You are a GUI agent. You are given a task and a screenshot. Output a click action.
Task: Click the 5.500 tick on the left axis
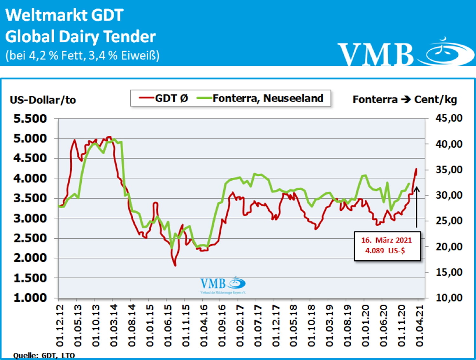coord(30,119)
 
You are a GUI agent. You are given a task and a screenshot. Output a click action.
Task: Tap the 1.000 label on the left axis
coord(30,298)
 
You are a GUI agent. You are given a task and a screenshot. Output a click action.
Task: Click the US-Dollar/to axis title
coord(43,100)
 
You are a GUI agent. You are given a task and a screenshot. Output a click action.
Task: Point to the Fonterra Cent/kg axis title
coord(405,100)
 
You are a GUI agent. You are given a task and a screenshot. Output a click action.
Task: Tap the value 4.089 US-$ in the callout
coord(385,251)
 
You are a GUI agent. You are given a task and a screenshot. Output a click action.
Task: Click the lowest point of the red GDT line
coord(175,265)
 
